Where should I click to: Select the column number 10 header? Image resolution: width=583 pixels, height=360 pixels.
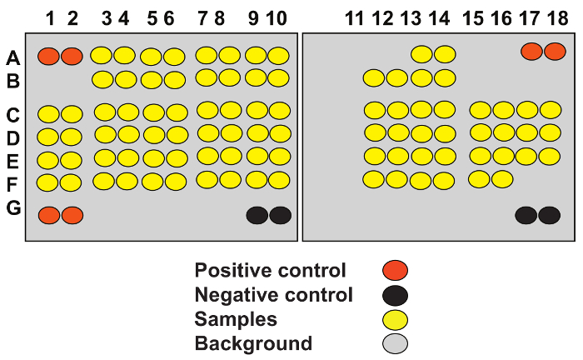click(278, 17)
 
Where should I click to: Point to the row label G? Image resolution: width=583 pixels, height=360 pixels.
click(13, 208)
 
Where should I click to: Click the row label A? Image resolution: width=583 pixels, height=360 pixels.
click(13, 57)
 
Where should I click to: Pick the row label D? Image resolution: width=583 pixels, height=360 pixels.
click(13, 136)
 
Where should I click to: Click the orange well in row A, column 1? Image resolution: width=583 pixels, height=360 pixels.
click(48, 57)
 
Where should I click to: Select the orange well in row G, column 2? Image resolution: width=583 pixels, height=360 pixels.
click(72, 215)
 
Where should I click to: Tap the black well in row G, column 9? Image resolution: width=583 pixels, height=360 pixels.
click(257, 215)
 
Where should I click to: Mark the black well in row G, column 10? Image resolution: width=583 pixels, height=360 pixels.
click(280, 215)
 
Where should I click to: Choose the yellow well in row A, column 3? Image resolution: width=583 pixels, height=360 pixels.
click(101, 56)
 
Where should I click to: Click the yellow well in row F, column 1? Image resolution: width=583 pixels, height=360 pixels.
click(48, 182)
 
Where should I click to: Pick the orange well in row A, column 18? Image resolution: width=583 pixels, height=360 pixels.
click(555, 52)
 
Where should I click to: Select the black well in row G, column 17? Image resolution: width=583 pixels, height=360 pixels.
click(526, 215)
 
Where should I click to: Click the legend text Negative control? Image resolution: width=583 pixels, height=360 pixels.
click(273, 294)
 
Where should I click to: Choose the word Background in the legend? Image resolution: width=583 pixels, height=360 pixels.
click(253, 343)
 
